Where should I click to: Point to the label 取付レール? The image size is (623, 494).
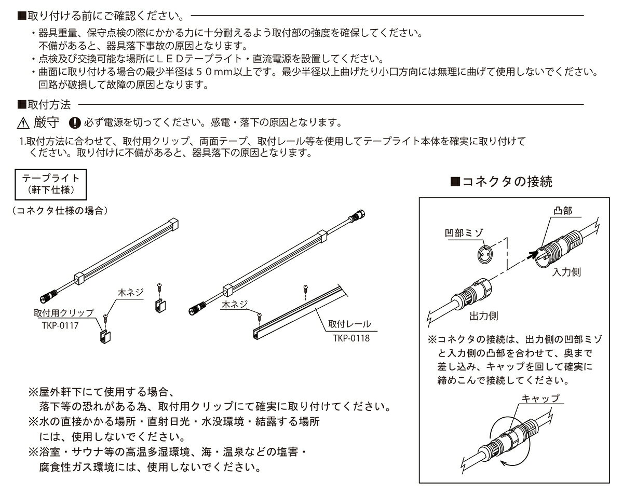click(x=350, y=324)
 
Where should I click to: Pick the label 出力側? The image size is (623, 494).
click(x=483, y=315)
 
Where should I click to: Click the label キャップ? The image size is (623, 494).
click(x=540, y=399)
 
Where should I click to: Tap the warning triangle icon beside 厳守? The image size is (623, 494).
click(x=23, y=124)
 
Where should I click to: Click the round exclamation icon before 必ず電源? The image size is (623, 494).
click(x=75, y=124)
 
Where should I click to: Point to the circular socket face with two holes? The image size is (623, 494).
click(x=484, y=256)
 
